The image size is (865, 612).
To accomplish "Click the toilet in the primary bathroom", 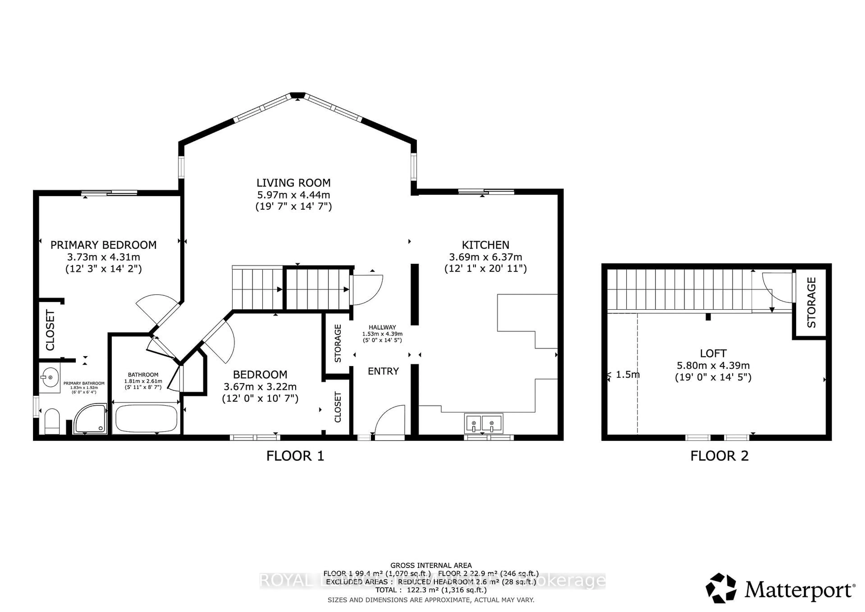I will (x=52, y=422).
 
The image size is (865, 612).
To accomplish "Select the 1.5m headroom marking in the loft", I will (x=627, y=375).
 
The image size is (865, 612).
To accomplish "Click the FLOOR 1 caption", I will (x=295, y=456).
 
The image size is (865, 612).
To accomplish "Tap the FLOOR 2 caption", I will (x=719, y=456).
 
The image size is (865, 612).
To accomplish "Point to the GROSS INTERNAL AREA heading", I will (x=431, y=565).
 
